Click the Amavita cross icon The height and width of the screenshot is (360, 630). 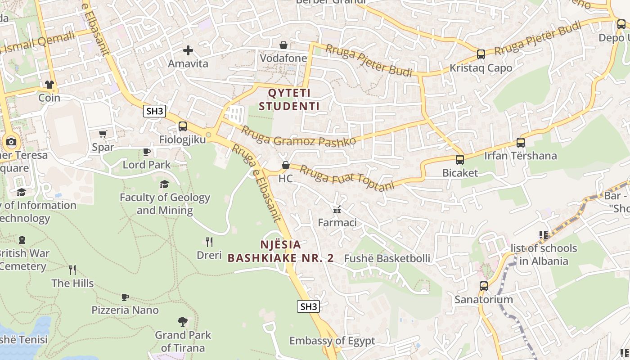(x=188, y=50)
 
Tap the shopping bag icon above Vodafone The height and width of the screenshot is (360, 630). (x=283, y=45)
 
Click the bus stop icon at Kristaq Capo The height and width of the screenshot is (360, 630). (x=481, y=54)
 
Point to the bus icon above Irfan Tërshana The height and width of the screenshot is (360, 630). (x=521, y=143)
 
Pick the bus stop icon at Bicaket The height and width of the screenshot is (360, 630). (x=459, y=160)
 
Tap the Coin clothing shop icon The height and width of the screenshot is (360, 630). (x=49, y=85)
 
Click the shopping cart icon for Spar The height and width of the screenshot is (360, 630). (x=103, y=134)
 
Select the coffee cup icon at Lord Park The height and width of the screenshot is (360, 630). (x=147, y=152)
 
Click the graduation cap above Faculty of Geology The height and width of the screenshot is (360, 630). (x=164, y=184)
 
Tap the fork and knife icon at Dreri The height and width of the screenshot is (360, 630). (x=209, y=242)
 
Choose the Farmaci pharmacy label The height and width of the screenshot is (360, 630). (x=337, y=222)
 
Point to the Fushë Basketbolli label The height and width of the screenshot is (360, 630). (x=387, y=258)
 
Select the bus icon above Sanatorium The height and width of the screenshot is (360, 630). (x=484, y=286)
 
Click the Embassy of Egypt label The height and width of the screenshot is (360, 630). (x=332, y=341)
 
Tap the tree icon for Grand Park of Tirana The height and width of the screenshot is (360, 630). (x=182, y=321)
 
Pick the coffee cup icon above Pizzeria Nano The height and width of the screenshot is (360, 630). (x=125, y=297)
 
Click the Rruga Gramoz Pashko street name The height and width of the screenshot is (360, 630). (x=299, y=136)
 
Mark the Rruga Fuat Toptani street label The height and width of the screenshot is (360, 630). (x=347, y=178)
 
